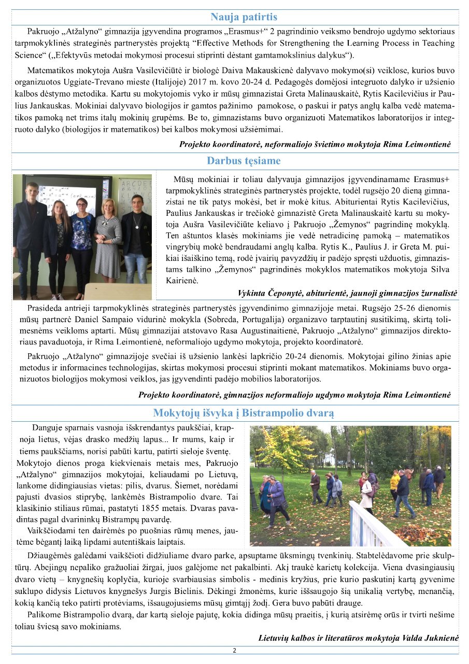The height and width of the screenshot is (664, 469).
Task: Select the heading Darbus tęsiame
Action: pos(244,161)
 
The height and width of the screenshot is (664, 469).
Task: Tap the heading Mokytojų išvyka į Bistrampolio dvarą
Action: pos(244,413)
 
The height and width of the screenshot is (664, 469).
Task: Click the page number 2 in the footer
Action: pos(234,651)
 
